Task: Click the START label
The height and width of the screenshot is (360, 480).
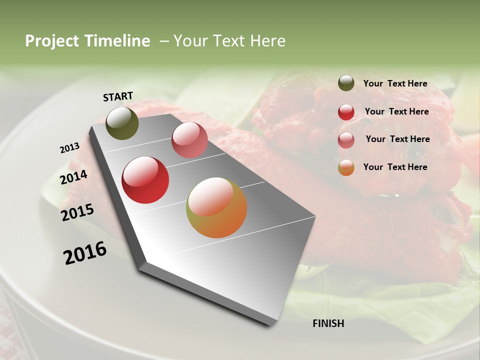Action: [118, 96]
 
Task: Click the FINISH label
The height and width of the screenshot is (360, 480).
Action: [328, 323]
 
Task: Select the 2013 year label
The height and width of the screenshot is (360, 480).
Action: [69, 148]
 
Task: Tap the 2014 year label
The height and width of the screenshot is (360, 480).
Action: [73, 177]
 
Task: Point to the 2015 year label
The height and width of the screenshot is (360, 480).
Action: [77, 212]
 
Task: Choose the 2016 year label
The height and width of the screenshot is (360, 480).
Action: [85, 253]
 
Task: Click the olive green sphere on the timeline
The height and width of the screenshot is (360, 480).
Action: [122, 123]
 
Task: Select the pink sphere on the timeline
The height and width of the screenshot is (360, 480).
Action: [189, 140]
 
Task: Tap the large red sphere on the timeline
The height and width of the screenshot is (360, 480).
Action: [145, 180]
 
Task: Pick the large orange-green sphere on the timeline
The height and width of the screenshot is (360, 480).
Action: [216, 207]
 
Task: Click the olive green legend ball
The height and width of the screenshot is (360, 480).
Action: [346, 83]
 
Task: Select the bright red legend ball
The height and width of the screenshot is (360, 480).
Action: [346, 112]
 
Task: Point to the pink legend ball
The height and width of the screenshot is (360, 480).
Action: [346, 140]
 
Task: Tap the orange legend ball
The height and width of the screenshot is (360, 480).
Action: [346, 168]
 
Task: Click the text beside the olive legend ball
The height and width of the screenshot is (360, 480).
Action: [395, 84]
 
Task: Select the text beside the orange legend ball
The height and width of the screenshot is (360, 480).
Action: [395, 167]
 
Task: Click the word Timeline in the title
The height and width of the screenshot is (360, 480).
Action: [117, 41]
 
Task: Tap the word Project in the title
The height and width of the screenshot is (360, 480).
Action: [52, 41]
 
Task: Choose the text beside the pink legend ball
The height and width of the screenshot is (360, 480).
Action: [397, 139]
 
